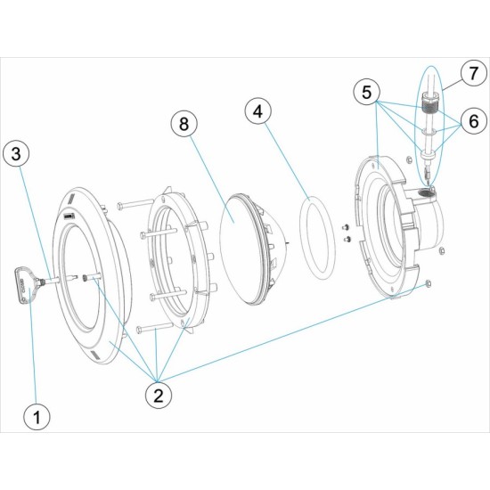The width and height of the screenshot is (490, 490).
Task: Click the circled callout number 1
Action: click(37, 417)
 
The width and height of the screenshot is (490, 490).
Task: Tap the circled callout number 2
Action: click(159, 396)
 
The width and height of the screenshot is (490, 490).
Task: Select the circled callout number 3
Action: click(16, 153)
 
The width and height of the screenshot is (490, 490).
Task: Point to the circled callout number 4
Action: click(258, 111)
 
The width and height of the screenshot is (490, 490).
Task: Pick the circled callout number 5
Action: click(367, 93)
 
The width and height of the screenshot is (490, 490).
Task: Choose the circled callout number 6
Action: click(474, 120)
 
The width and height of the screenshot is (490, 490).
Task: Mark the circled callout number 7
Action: click(474, 73)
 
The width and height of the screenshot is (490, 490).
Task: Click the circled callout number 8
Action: click(184, 124)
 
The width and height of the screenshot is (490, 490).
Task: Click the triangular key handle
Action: click(25, 285)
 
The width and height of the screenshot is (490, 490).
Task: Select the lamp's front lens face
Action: click(240, 248)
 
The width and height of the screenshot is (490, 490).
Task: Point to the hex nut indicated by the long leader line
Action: click(429, 283)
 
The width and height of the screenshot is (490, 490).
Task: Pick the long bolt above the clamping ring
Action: click(134, 205)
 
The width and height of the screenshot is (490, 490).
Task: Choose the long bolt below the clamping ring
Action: click(155, 328)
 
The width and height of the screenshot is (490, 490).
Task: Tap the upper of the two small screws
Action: click(347, 226)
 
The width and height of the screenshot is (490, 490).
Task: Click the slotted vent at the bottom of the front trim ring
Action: click(95, 355)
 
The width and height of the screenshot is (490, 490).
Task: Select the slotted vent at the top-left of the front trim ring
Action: click(71, 199)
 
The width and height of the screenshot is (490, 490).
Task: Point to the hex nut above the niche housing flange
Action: click(408, 160)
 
